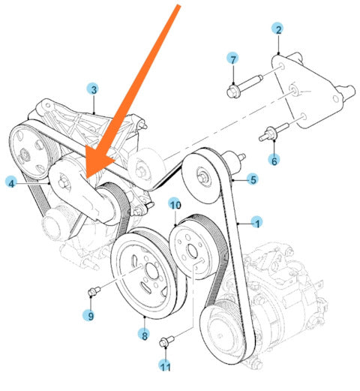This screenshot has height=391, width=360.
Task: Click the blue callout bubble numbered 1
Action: click(257, 222)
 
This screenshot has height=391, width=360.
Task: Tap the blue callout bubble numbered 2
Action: click(278, 29)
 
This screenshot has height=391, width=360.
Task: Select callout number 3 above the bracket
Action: click(94, 89)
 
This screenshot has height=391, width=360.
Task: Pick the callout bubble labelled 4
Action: click(11, 184)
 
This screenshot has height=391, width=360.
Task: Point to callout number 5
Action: click(253, 179)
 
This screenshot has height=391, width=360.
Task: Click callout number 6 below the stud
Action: click(274, 160)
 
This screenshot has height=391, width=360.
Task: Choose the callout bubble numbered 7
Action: click(232, 59)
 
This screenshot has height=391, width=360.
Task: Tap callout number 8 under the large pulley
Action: click(145, 335)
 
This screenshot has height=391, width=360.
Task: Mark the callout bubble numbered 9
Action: click(89, 315)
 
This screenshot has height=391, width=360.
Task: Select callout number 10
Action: click(175, 205)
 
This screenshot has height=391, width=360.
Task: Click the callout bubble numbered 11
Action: click(165, 366)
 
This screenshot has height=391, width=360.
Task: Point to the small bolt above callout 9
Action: click(94, 291)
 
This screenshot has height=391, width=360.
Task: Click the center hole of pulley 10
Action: click(192, 251)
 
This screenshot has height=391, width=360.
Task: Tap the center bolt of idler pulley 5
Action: click(202, 177)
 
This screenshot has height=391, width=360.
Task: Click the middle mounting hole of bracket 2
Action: click(293, 89)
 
